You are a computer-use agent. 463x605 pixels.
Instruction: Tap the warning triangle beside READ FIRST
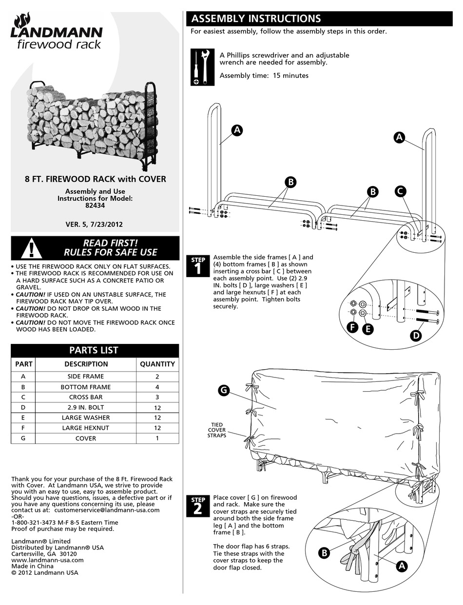point(32,248)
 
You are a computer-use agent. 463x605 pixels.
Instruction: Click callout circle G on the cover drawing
point(223,391)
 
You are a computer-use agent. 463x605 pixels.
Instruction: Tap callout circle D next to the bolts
point(416,335)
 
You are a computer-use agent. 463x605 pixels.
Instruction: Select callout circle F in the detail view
point(353,328)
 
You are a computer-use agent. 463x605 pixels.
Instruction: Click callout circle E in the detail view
point(367,329)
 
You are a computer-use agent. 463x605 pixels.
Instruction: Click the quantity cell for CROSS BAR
point(157,397)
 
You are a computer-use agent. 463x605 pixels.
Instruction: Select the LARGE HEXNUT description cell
point(86,428)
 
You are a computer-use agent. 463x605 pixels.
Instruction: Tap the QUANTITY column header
point(157,364)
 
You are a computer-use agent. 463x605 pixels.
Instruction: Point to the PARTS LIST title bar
point(95,350)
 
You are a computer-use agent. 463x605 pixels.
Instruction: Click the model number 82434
point(95,206)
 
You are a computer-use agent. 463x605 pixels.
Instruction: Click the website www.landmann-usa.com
point(47,560)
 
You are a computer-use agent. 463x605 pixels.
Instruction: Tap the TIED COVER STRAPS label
point(217,430)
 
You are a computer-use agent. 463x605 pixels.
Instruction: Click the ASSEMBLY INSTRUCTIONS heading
point(256,19)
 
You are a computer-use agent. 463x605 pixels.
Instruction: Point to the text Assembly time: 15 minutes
point(264,76)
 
